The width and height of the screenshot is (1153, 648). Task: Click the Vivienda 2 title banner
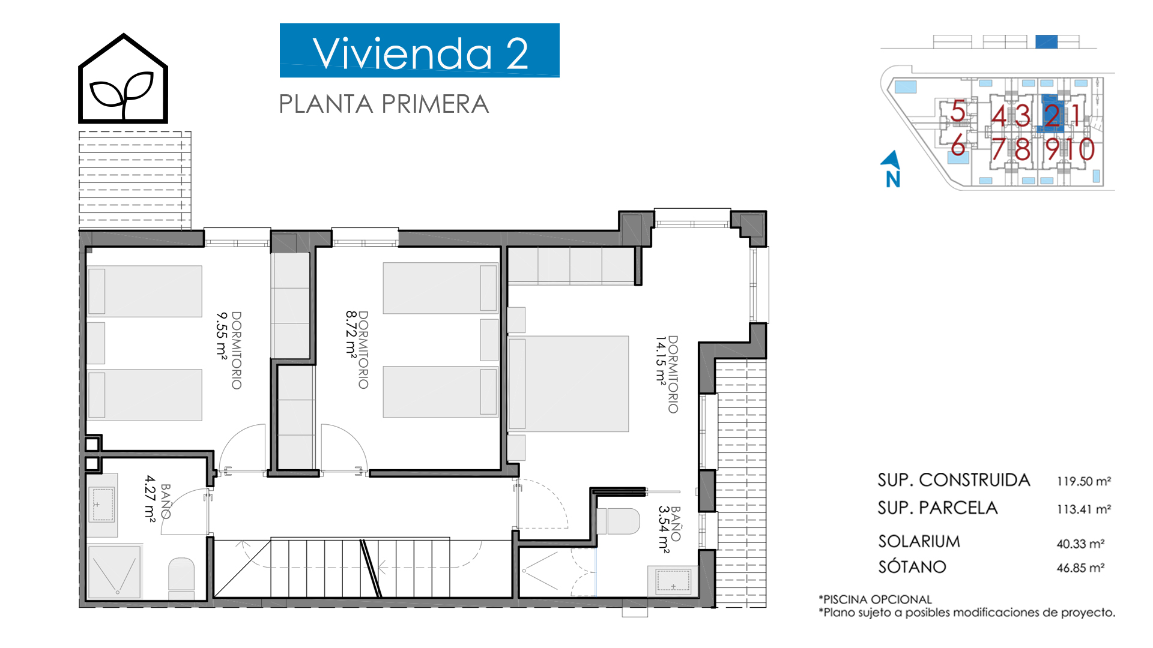(x=419, y=50)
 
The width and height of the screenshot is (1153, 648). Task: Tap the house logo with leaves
(x=123, y=79)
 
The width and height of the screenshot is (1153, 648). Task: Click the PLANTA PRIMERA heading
(x=384, y=104)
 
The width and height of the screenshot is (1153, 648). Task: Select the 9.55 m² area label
(x=222, y=335)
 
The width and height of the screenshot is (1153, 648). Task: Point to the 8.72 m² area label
(x=351, y=334)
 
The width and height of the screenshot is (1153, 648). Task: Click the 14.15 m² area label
(x=661, y=359)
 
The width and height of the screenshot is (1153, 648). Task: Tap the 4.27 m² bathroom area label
(x=150, y=498)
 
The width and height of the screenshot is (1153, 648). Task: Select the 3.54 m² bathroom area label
(x=664, y=529)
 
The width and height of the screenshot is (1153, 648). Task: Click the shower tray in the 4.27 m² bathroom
(x=115, y=572)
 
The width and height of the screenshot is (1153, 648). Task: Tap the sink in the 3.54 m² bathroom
(x=673, y=581)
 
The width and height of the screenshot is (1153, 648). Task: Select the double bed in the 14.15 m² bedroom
(x=569, y=383)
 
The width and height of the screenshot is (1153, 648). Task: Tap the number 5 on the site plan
(x=958, y=112)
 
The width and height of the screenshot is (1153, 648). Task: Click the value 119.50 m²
(x=1084, y=481)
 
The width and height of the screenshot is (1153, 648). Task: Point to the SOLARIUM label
(x=919, y=542)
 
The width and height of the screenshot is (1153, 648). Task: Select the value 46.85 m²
(x=1081, y=568)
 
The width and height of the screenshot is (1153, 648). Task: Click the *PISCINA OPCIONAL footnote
(x=875, y=599)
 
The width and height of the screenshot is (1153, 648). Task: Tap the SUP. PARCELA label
(x=937, y=508)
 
